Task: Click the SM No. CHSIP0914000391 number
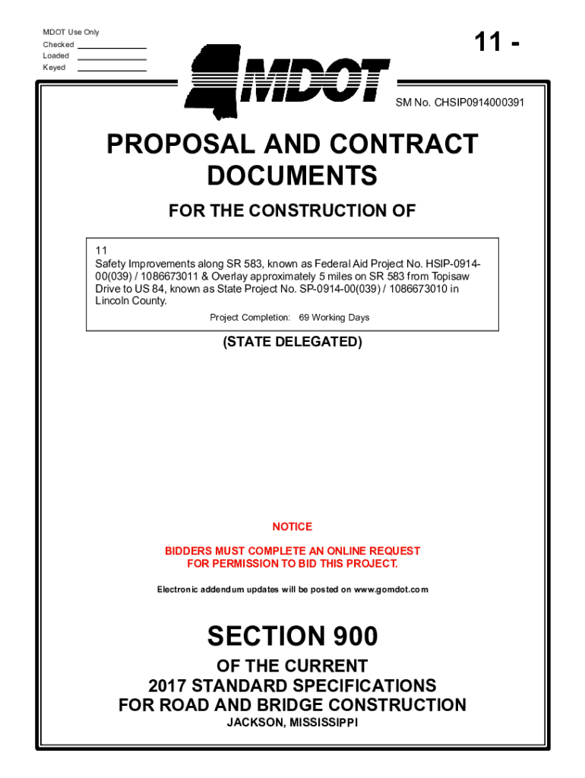[x=459, y=102]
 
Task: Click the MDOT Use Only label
[x=71, y=32]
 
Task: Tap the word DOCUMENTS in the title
[x=292, y=176]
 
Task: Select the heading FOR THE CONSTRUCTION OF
[x=292, y=211]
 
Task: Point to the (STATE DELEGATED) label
[x=292, y=342]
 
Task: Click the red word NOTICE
[x=292, y=527]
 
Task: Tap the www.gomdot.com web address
[x=391, y=590]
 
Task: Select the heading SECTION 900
[x=292, y=636]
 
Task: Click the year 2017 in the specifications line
[x=168, y=685]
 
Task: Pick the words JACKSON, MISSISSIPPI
[x=292, y=723]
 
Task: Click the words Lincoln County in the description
[x=131, y=301]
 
